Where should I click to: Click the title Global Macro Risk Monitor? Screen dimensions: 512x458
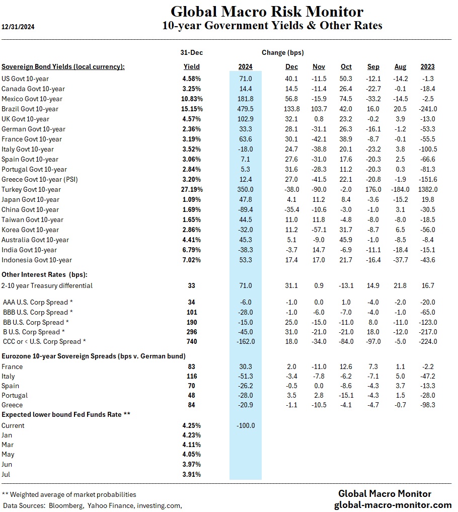[267, 11]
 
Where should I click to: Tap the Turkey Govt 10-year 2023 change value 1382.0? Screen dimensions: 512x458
[427, 189]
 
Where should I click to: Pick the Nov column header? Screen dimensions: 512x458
[319, 66]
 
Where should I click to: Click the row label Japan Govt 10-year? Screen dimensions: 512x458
[31, 199]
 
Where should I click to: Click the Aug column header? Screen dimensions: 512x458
[400, 66]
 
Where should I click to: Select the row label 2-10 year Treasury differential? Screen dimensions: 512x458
[47, 285]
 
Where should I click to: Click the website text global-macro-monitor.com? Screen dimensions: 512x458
[393, 504]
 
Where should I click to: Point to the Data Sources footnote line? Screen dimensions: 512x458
[92, 504]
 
